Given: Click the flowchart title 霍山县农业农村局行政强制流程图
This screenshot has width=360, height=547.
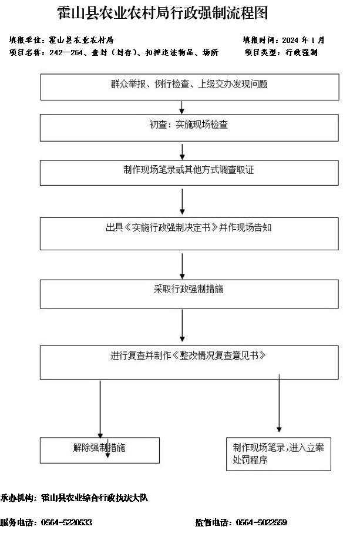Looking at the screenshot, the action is [163, 14].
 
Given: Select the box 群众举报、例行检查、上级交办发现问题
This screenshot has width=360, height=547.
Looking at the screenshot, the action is [190, 87].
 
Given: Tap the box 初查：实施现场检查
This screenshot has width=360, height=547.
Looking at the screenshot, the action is [189, 127].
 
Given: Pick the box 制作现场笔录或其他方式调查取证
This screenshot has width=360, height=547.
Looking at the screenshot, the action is [189, 173].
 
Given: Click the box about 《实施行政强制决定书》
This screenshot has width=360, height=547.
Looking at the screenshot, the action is [189, 234].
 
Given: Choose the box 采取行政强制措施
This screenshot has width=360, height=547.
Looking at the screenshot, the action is [189, 294].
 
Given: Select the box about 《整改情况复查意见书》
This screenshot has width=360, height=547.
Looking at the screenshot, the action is [189, 363].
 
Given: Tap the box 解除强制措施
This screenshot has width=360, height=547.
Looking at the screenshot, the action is [100, 451].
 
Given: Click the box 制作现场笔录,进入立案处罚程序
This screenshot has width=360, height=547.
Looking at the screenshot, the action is [278, 454].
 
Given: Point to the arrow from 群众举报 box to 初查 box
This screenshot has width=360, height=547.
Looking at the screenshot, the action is [181, 108].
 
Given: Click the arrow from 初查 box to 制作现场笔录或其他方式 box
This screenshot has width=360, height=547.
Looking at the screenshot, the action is [182, 152].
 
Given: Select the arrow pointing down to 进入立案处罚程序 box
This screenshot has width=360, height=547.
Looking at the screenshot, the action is [279, 403].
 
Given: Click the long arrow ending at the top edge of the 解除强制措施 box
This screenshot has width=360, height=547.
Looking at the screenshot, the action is [100, 409].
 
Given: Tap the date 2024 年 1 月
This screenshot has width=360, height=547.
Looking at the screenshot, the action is [303, 40].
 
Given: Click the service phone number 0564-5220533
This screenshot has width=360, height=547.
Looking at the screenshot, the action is [66, 522].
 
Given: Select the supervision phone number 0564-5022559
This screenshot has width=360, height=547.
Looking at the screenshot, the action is [261, 522].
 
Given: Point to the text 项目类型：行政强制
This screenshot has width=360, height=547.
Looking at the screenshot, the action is [281, 52].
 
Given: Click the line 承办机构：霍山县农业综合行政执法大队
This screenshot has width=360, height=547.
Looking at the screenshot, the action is [74, 498].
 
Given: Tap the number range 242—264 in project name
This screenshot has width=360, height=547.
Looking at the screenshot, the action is [66, 53].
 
